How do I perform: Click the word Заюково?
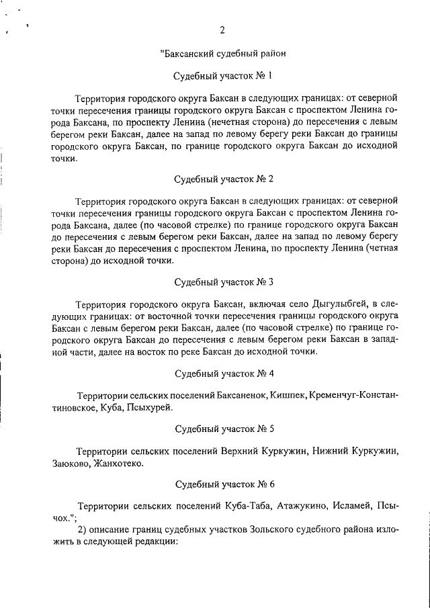click(70, 463)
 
